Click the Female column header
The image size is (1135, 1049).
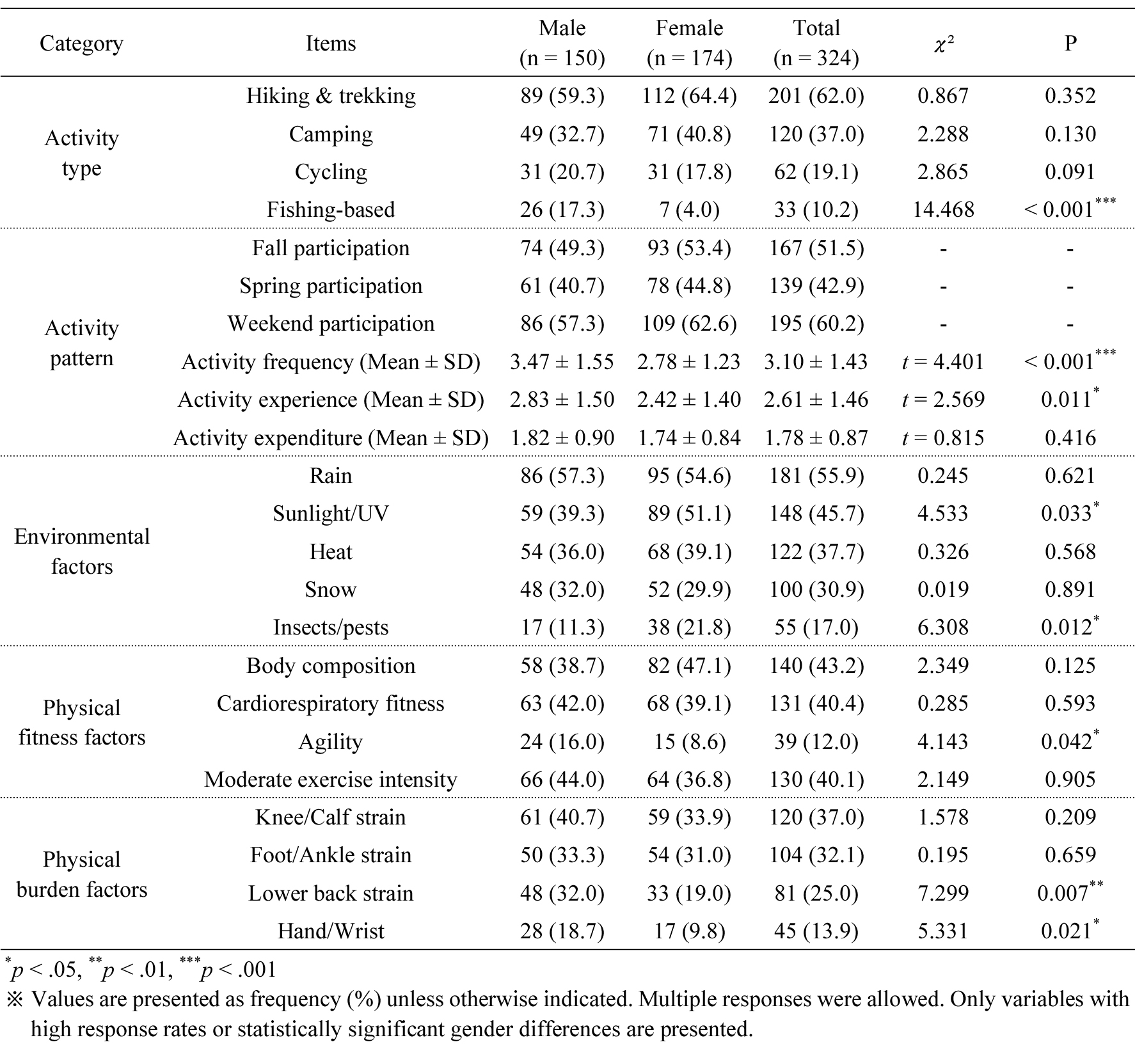tap(689, 43)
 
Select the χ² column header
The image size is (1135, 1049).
tap(943, 43)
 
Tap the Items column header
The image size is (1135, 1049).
tap(331, 43)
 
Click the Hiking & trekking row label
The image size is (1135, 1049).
tap(331, 96)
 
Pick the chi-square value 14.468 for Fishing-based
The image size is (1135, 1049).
tap(943, 210)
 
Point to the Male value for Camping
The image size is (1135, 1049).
tap(562, 134)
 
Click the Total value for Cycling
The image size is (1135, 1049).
tap(816, 172)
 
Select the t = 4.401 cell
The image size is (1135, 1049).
tap(943, 362)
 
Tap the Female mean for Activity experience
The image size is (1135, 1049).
tap(689, 400)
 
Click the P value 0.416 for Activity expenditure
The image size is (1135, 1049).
tap(1070, 438)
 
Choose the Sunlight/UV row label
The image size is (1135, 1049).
tap(331, 514)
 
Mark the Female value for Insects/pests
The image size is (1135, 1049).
tap(689, 627)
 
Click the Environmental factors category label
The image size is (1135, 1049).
tap(82, 551)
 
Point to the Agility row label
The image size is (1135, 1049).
tap(331, 742)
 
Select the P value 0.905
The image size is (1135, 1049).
tap(1070, 780)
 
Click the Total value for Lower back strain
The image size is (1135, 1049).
tap(816, 894)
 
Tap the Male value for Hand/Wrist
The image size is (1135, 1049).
tap(562, 931)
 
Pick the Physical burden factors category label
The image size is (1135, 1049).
tap(82, 874)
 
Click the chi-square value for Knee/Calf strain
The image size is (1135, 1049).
tap(943, 817)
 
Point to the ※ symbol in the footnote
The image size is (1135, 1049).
tap(14, 999)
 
